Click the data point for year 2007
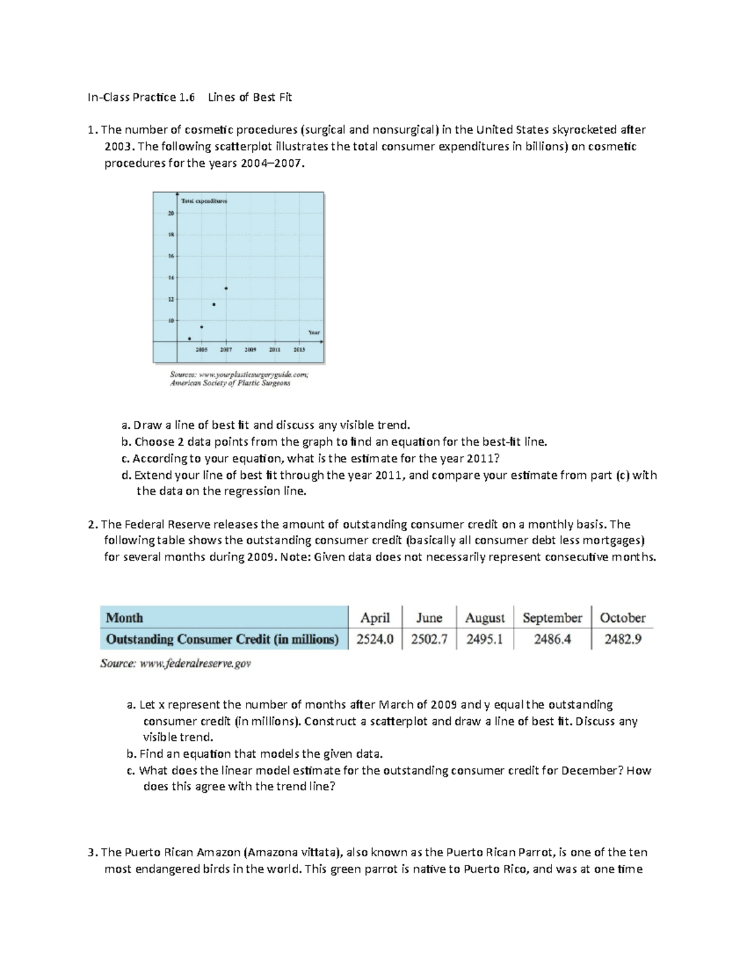click(x=226, y=288)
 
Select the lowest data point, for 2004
click(x=190, y=339)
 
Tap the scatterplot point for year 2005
click(x=202, y=327)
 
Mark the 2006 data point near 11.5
click(x=214, y=304)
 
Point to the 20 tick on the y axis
click(x=171, y=214)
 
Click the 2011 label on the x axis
click(x=275, y=350)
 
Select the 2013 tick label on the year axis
click(x=299, y=350)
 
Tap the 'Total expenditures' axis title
click(x=204, y=201)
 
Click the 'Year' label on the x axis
click(x=314, y=333)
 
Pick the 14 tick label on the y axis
click(x=171, y=278)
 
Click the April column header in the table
click(x=375, y=618)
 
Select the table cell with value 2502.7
click(x=429, y=639)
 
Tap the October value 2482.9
click(x=622, y=639)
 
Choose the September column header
click(x=552, y=618)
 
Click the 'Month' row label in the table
click(x=125, y=618)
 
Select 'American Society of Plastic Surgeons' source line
click(x=230, y=384)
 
